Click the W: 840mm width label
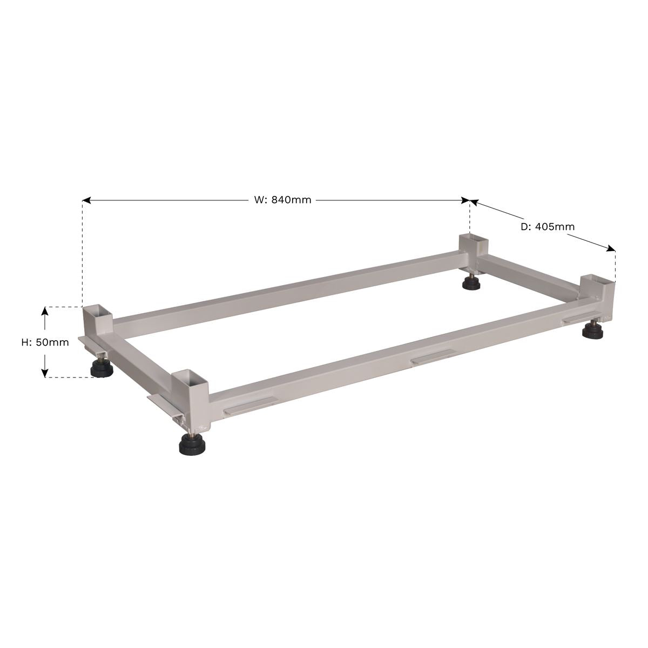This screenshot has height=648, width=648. click(282, 200)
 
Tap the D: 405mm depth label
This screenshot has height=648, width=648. click(547, 227)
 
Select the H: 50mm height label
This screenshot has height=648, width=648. click(45, 342)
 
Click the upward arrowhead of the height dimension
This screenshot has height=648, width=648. click(45, 311)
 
